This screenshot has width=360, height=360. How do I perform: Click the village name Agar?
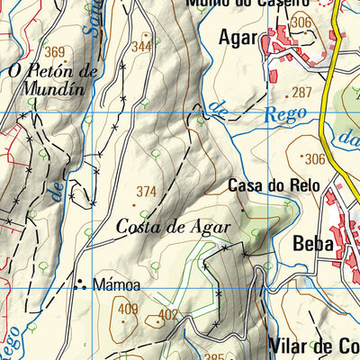238,38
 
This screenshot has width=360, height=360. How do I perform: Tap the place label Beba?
312,243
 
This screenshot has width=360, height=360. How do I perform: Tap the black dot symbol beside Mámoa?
80,285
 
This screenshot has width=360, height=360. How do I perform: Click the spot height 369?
56,52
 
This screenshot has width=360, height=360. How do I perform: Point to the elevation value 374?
147,191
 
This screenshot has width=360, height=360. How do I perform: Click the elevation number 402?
167,314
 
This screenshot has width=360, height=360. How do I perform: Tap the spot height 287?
300,93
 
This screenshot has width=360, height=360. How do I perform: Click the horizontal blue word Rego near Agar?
286,113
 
